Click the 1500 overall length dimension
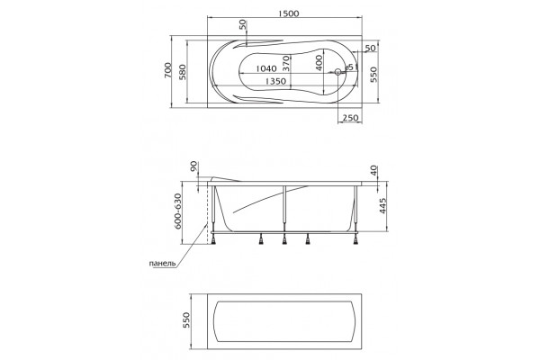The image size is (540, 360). (289, 13)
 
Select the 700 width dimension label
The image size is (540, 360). (167, 70)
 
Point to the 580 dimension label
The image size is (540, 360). (183, 72)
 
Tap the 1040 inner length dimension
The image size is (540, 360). (266, 68)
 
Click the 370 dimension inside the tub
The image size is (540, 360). (286, 64)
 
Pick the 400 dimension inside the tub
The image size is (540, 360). (319, 63)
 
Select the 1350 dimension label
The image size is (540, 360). (276, 81)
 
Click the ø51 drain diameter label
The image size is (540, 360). (352, 67)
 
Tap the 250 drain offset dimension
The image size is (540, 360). (351, 118)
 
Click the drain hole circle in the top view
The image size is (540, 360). (337, 72)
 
